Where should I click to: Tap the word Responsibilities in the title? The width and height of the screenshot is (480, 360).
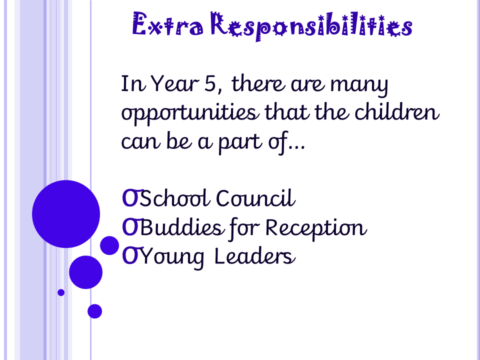click(311, 25)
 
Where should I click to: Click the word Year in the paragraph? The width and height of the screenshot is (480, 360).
click(174, 83)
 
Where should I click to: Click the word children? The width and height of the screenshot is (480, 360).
click(397, 111)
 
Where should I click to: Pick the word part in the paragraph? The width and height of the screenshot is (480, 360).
click(240, 142)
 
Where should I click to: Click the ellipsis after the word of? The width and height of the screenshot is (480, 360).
click(297, 148)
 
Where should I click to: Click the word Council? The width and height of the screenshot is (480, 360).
click(255, 198)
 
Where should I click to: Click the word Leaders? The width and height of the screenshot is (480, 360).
click(254, 256)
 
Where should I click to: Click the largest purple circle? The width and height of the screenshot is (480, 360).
click(66, 214)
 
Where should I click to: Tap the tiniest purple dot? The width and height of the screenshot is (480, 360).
click(61, 292)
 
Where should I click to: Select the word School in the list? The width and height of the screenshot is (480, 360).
click(175, 198)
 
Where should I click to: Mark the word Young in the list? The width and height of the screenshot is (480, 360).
click(172, 258)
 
